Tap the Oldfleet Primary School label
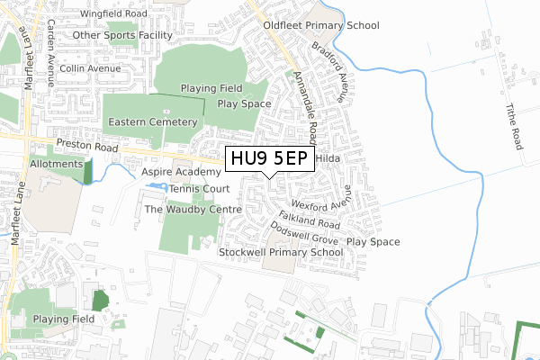321,26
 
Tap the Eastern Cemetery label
151,121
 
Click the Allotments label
54,167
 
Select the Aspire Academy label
181,171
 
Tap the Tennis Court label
199,189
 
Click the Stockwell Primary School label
281,253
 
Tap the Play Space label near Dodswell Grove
373,242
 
